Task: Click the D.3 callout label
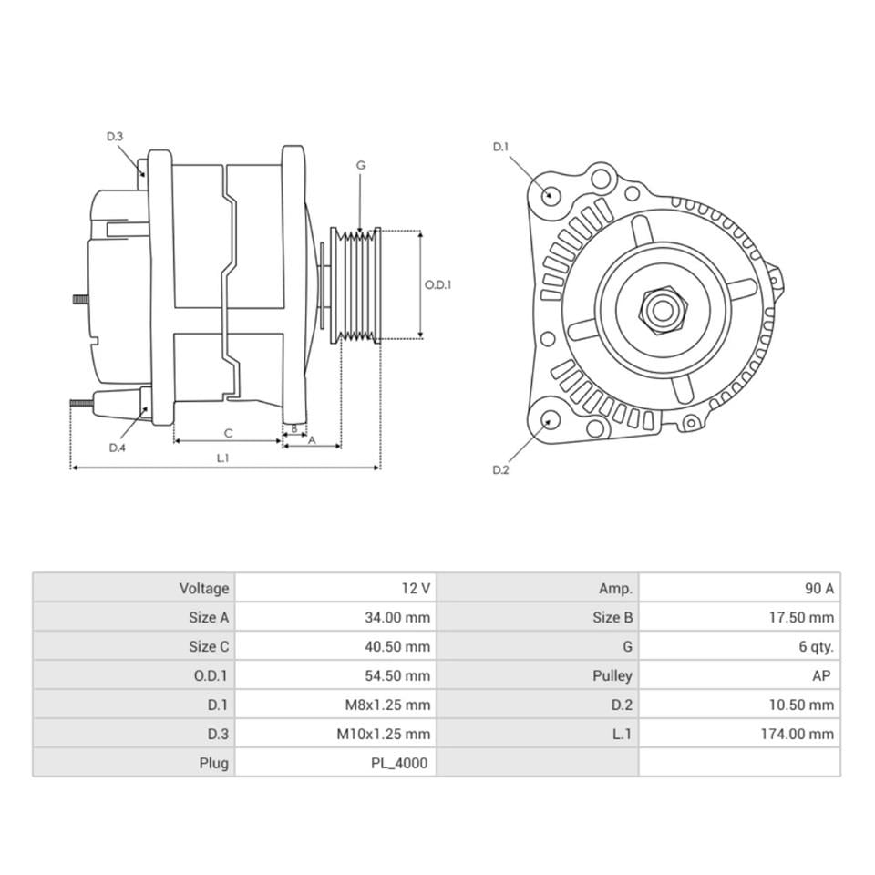[x=114, y=136]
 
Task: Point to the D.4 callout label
[x=117, y=448]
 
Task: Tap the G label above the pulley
[x=361, y=165]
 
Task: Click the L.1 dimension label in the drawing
[x=222, y=458]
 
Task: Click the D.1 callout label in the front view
[x=499, y=146]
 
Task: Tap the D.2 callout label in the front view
[x=499, y=469]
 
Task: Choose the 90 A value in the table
[x=818, y=588]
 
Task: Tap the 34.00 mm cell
[x=397, y=617]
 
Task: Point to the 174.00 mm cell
[x=798, y=734]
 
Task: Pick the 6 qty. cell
[x=816, y=646]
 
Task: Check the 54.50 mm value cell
[x=397, y=675]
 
